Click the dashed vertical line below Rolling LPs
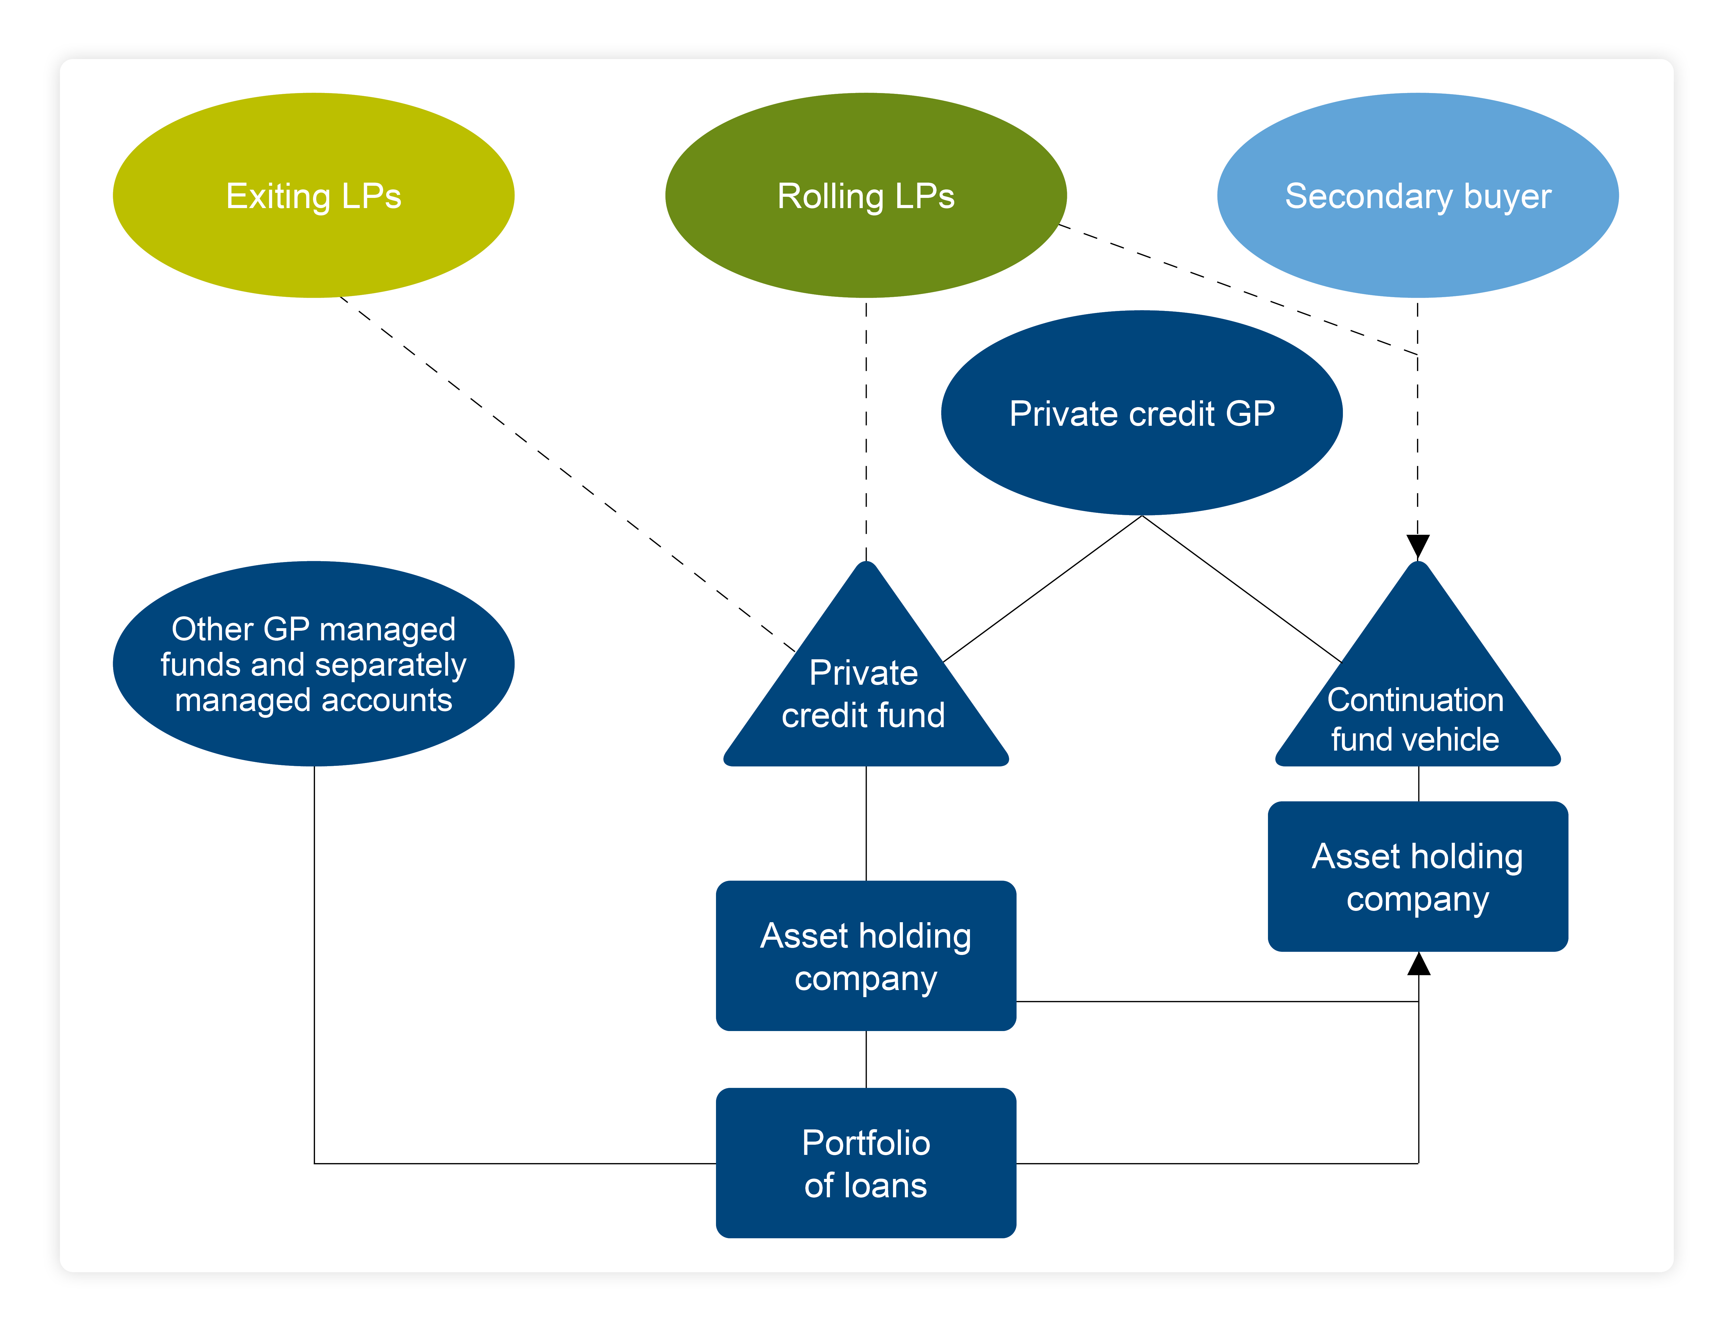point(866,428)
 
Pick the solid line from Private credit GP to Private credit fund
point(1042,589)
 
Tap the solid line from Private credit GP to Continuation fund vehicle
point(1242,589)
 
